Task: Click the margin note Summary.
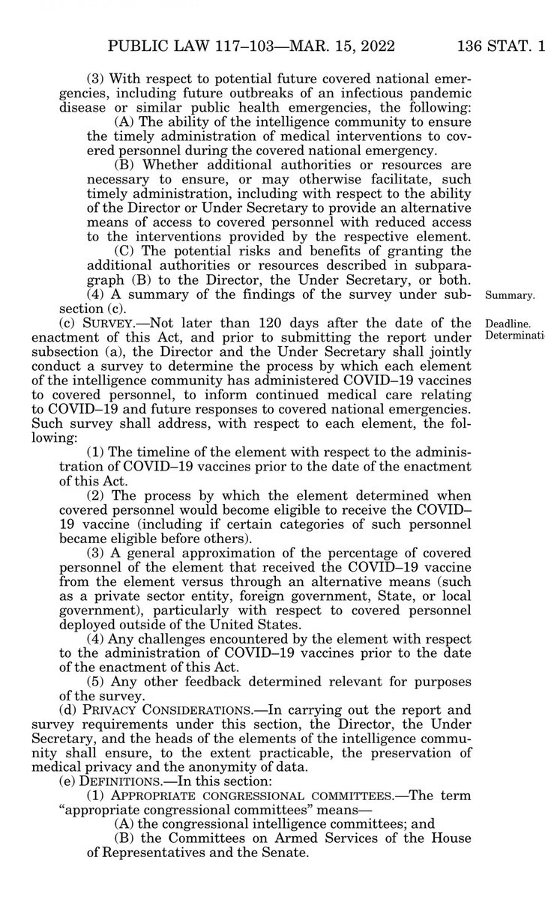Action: (x=511, y=294)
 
